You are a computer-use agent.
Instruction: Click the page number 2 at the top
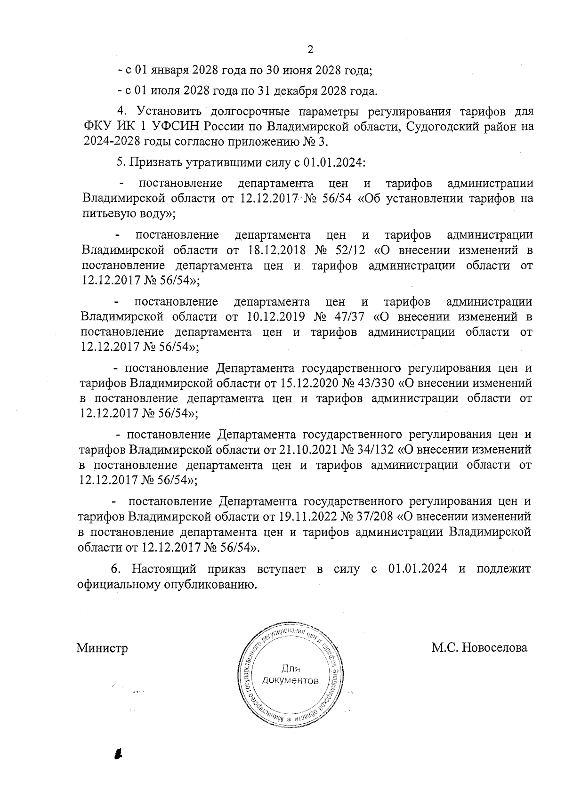pos(310,50)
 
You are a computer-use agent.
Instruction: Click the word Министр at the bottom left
pos(102,648)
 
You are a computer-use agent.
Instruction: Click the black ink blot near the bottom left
pos(118,753)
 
